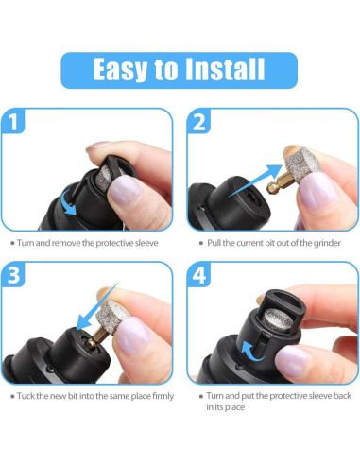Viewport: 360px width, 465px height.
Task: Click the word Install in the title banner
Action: pyautogui.click(x=225, y=70)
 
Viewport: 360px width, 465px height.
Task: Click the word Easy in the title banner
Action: pyautogui.click(x=120, y=71)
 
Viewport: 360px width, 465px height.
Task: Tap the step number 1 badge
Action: pyautogui.click(x=12, y=121)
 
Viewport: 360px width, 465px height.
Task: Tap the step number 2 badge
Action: pyautogui.click(x=198, y=121)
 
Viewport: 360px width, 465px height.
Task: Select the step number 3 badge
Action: pyautogui.click(x=13, y=274)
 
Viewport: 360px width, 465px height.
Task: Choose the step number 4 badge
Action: pyautogui.click(x=198, y=274)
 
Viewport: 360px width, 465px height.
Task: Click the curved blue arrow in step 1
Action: pyautogui.click(x=68, y=202)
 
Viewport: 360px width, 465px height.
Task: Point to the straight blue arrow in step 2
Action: pyautogui.click(x=255, y=181)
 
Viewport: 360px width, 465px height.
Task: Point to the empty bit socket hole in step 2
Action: pyautogui.click(x=252, y=198)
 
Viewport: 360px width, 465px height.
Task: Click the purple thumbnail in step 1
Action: pyautogui.click(x=125, y=191)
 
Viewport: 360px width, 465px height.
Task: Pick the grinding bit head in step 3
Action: pyautogui.click(x=112, y=317)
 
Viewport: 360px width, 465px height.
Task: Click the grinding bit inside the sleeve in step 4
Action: pyautogui.click(x=278, y=320)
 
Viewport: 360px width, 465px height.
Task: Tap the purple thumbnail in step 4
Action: pyautogui.click(x=290, y=361)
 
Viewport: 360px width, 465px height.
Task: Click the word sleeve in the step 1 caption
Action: pyautogui.click(x=146, y=243)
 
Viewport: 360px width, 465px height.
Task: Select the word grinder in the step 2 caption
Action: pyautogui.click(x=327, y=243)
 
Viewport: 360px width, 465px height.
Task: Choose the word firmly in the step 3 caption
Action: pyautogui.click(x=163, y=396)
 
